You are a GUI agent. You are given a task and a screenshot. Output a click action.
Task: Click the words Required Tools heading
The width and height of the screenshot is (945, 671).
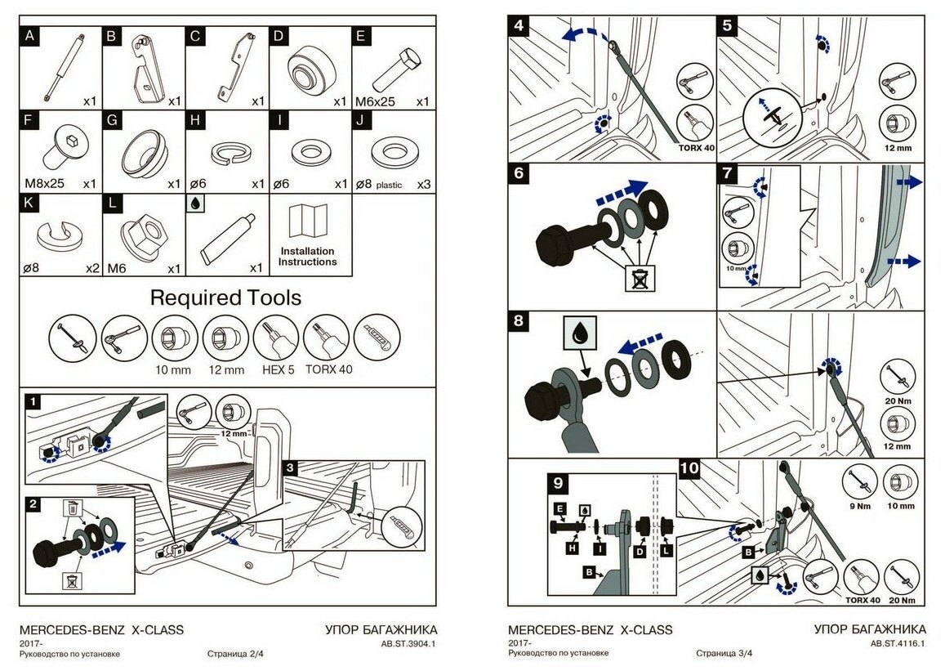(225, 297)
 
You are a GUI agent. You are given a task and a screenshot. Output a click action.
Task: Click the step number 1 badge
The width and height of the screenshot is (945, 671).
(31, 402)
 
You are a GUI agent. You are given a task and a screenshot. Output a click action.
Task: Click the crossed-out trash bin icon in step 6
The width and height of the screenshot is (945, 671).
(637, 279)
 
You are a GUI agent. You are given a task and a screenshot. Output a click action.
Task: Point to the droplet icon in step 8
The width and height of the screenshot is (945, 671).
(579, 333)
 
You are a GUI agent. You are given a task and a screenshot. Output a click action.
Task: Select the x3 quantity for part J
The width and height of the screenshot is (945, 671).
(423, 185)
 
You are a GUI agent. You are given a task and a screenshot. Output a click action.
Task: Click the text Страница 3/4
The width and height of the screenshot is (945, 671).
(724, 653)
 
